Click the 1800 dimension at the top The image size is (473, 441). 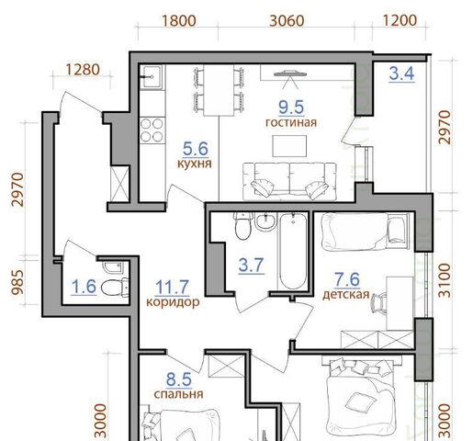(x=178, y=21)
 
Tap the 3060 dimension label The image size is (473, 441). (x=287, y=21)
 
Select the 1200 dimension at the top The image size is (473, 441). (x=400, y=20)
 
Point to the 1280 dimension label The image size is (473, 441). (x=83, y=70)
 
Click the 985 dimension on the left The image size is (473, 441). (x=17, y=282)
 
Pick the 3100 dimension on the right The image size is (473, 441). (x=445, y=281)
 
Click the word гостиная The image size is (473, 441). (x=291, y=122)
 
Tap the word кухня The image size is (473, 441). (x=195, y=164)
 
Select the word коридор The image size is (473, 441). (x=173, y=302)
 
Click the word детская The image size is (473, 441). (x=346, y=295)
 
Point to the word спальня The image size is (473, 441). (x=178, y=394)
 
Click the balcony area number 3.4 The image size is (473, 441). (x=401, y=74)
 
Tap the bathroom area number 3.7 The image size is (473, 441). (x=251, y=266)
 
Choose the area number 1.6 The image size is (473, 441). (x=84, y=287)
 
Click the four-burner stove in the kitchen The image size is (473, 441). (x=152, y=130)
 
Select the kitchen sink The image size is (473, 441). (x=151, y=77)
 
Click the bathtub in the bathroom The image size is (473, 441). (x=293, y=251)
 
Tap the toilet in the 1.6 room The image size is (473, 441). (x=115, y=288)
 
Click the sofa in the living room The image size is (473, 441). (x=289, y=181)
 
